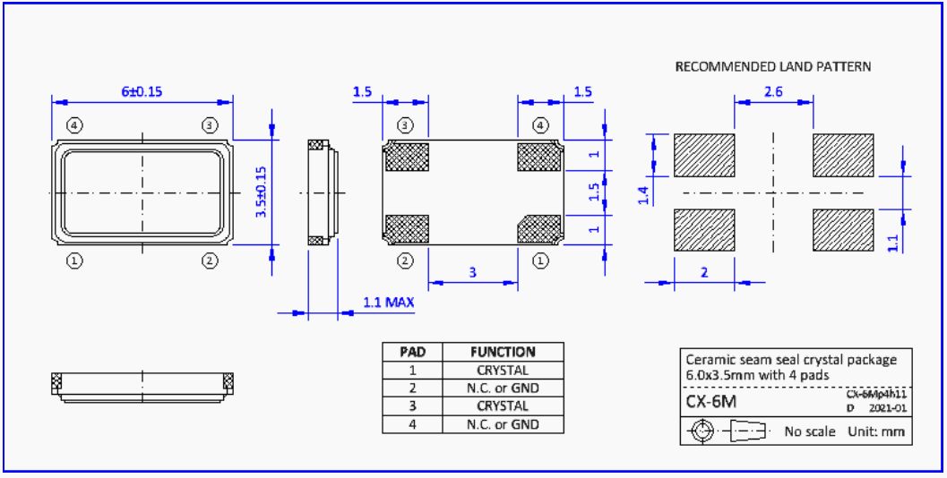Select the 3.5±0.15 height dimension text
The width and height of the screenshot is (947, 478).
263,192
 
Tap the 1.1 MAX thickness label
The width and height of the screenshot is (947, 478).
388,303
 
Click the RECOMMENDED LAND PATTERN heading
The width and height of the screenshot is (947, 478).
772,67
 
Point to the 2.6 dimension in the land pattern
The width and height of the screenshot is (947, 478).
774,91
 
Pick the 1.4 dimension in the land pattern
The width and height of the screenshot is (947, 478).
644,196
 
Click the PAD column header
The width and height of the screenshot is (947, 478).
412,352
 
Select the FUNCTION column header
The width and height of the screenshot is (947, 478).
503,352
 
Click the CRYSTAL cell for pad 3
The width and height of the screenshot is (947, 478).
503,406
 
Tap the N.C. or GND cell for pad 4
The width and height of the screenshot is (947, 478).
503,424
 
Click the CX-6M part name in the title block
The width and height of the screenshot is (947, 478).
711,402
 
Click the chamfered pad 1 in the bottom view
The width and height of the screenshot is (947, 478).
540,228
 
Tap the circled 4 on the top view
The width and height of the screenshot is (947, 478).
74,124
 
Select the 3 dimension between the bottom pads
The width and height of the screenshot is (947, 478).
473,273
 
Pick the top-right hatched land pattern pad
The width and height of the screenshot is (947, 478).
842,155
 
